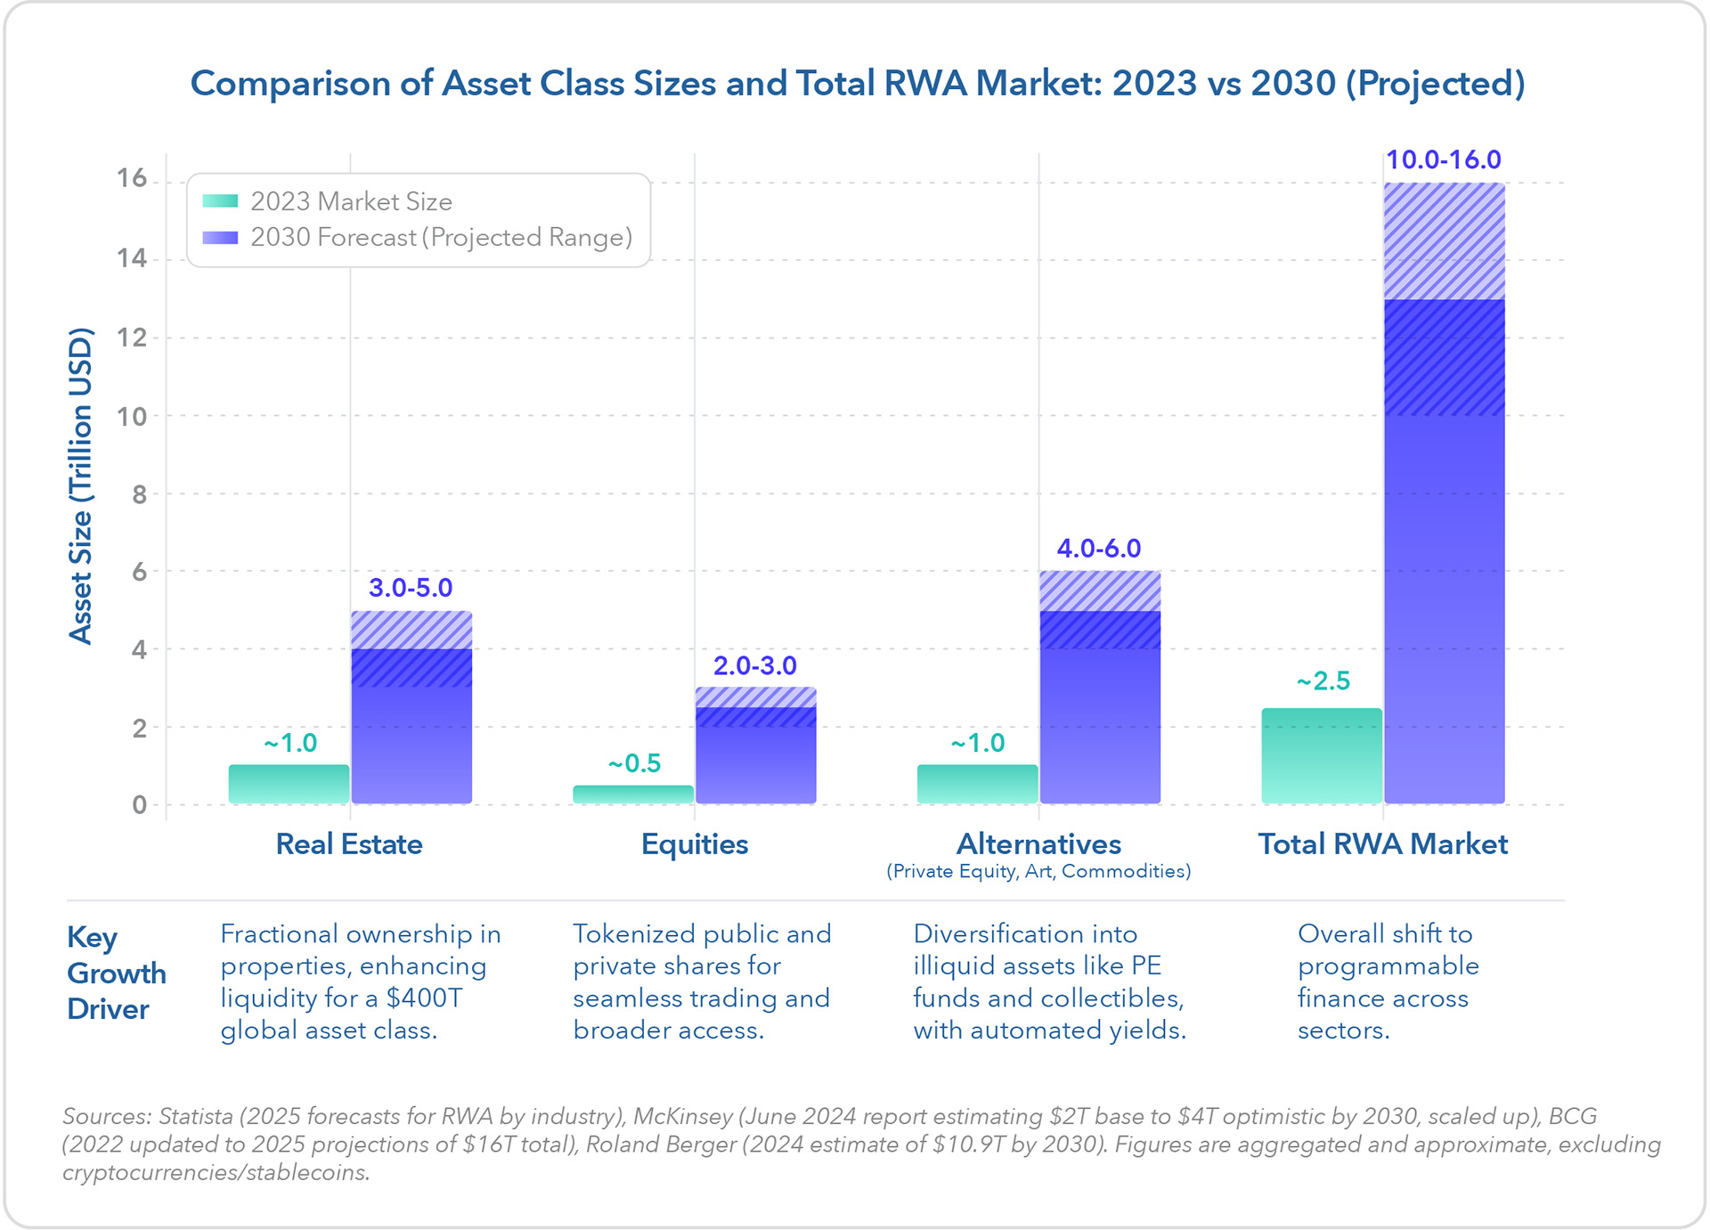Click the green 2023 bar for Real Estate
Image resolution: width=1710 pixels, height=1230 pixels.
(289, 784)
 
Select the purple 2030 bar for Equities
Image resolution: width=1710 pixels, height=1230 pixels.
(755, 757)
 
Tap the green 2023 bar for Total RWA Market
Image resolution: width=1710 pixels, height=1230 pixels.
(1322, 756)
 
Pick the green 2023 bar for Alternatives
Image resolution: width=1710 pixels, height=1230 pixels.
(977, 784)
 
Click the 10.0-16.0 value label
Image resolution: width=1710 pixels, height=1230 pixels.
(1443, 160)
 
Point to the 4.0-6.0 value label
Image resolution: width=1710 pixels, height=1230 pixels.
(1098, 549)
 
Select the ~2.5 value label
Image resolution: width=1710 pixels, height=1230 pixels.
(1323, 681)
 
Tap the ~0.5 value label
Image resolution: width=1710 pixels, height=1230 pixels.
(634, 763)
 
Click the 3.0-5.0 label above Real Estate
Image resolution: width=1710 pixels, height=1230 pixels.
(411, 588)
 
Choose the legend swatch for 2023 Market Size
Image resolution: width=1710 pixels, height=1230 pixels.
(220, 201)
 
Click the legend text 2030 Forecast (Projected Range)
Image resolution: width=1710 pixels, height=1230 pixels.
(441, 238)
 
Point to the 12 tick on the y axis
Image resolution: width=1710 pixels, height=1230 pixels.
(132, 338)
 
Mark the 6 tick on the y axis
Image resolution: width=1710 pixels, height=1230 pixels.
(139, 572)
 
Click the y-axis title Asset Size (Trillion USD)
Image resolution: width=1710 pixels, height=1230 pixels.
(81, 485)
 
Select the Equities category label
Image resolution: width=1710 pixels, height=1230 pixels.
(695, 844)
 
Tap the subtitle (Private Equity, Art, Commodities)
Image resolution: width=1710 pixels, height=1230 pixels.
(1038, 871)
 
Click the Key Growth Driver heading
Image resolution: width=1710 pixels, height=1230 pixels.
(116, 973)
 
